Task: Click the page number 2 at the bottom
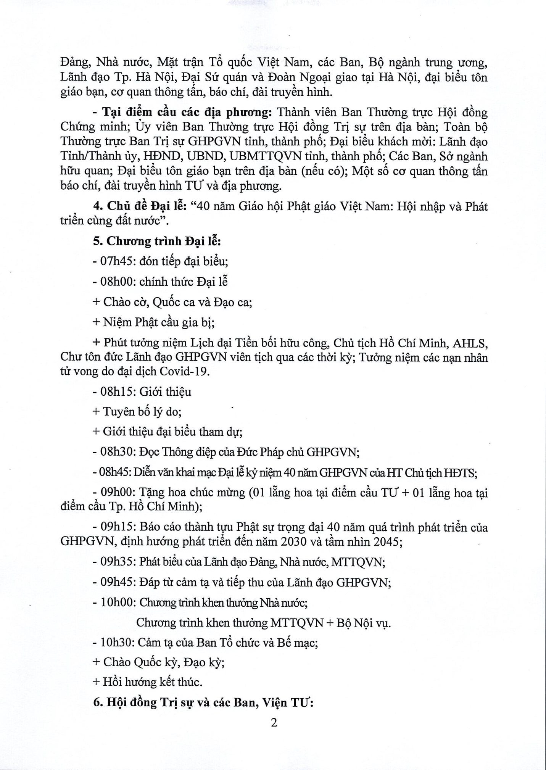274,723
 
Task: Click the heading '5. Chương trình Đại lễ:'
157,242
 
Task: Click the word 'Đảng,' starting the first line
75,63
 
